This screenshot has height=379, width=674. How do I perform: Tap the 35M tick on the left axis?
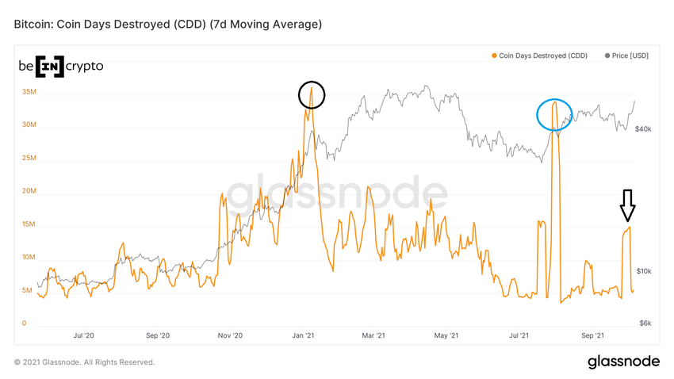click(29, 92)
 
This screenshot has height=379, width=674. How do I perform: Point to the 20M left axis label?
click(29, 191)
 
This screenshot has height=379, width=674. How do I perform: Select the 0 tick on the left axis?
click(25, 323)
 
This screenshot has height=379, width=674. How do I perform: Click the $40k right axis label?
click(643, 128)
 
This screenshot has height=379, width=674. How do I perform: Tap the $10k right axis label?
click(643, 271)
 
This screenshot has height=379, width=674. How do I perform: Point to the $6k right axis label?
click(645, 323)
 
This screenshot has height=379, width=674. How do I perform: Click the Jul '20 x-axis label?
click(83, 336)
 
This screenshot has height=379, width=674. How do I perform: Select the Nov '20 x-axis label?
click(230, 336)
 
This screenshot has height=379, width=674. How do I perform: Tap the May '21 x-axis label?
click(447, 336)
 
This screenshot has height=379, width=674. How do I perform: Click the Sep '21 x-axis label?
click(593, 336)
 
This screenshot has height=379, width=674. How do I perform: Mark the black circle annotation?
click(312, 95)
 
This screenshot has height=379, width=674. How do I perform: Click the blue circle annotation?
click(554, 115)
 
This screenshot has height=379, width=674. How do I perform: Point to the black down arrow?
click(627, 205)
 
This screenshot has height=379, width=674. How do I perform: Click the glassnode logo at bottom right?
click(623, 362)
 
